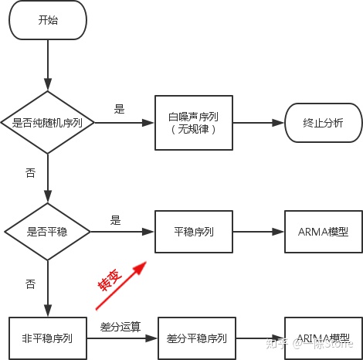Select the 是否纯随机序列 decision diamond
tap(48, 122)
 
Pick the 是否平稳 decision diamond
tap(48, 231)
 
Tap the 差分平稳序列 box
tap(196, 338)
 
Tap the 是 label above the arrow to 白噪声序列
tap(119, 109)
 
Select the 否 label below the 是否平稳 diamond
tap(30, 284)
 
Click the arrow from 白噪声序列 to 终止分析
tap(258, 122)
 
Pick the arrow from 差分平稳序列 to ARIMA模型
tap(260, 338)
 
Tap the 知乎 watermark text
tap(276, 343)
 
